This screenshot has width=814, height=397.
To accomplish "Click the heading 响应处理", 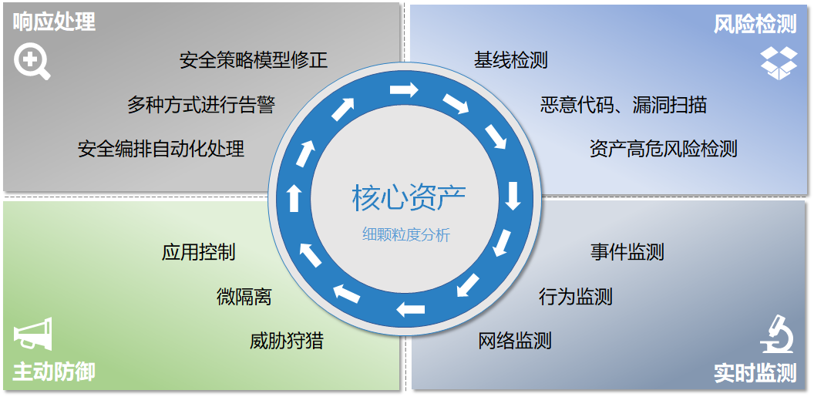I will click(x=54, y=22).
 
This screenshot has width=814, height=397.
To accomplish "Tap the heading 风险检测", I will click(x=755, y=24).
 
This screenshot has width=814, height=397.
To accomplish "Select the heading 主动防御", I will click(x=54, y=372).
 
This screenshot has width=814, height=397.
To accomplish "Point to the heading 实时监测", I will click(x=755, y=374).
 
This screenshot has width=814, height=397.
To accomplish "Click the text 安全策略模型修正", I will click(x=254, y=60).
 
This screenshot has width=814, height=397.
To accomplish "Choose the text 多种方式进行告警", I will click(x=201, y=104).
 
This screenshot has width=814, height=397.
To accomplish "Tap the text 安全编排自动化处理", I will click(x=161, y=149).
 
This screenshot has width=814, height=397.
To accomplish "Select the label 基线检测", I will click(x=511, y=60).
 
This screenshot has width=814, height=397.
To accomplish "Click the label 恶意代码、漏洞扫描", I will click(x=624, y=104).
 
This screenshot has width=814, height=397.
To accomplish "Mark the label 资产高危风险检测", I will click(x=663, y=149).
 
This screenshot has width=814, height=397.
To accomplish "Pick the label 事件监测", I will click(x=627, y=252).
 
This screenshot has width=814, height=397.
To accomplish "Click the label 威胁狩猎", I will click(x=287, y=340).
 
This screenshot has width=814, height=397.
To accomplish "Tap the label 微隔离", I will click(x=244, y=296).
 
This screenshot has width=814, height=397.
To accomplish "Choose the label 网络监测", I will click(x=515, y=340).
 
